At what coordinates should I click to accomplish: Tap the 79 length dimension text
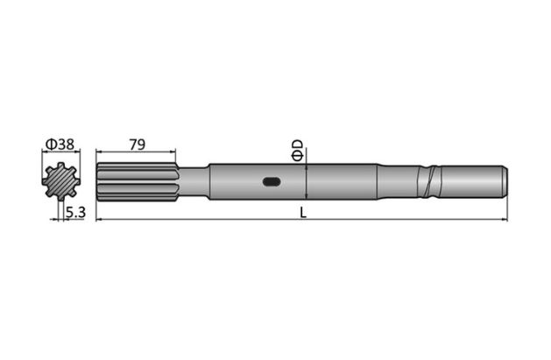click(137, 145)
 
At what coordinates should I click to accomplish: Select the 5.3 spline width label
click(74, 212)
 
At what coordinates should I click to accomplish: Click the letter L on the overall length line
click(302, 212)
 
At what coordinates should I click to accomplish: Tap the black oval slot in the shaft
click(272, 182)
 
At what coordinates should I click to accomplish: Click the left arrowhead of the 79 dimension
click(99, 153)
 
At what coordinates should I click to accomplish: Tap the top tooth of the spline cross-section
click(60, 166)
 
